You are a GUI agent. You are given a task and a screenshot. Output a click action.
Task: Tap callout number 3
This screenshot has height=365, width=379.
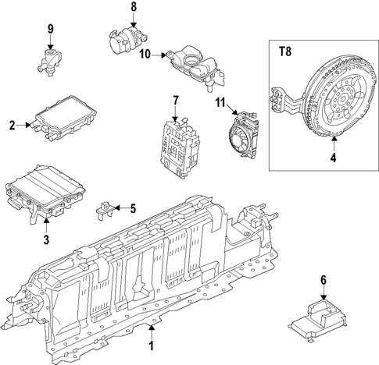tap(46, 239)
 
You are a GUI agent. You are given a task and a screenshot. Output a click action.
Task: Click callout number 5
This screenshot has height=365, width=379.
tap(133, 207)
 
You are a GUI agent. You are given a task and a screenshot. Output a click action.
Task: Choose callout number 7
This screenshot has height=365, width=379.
tap(175, 100)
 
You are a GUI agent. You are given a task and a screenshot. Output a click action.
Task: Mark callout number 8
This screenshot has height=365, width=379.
tap(133, 7)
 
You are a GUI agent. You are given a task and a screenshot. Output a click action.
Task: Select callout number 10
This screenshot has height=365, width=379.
tap(145, 55)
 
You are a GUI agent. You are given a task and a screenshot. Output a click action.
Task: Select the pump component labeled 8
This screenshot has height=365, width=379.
tap(125, 38)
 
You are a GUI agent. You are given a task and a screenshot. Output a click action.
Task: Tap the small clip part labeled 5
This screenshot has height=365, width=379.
tap(104, 208)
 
